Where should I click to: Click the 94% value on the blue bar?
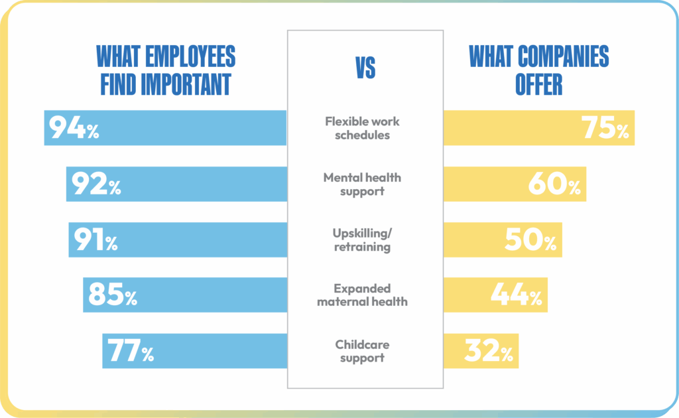73,128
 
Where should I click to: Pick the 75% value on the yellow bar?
605,128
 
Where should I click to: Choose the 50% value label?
530,240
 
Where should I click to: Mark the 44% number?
516,295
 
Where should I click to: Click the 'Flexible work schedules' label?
362,128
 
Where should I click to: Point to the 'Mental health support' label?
362,184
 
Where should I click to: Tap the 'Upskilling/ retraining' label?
362,240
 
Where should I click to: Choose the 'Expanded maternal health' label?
362,295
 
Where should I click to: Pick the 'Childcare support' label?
362,351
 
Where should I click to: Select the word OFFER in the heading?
539,84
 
